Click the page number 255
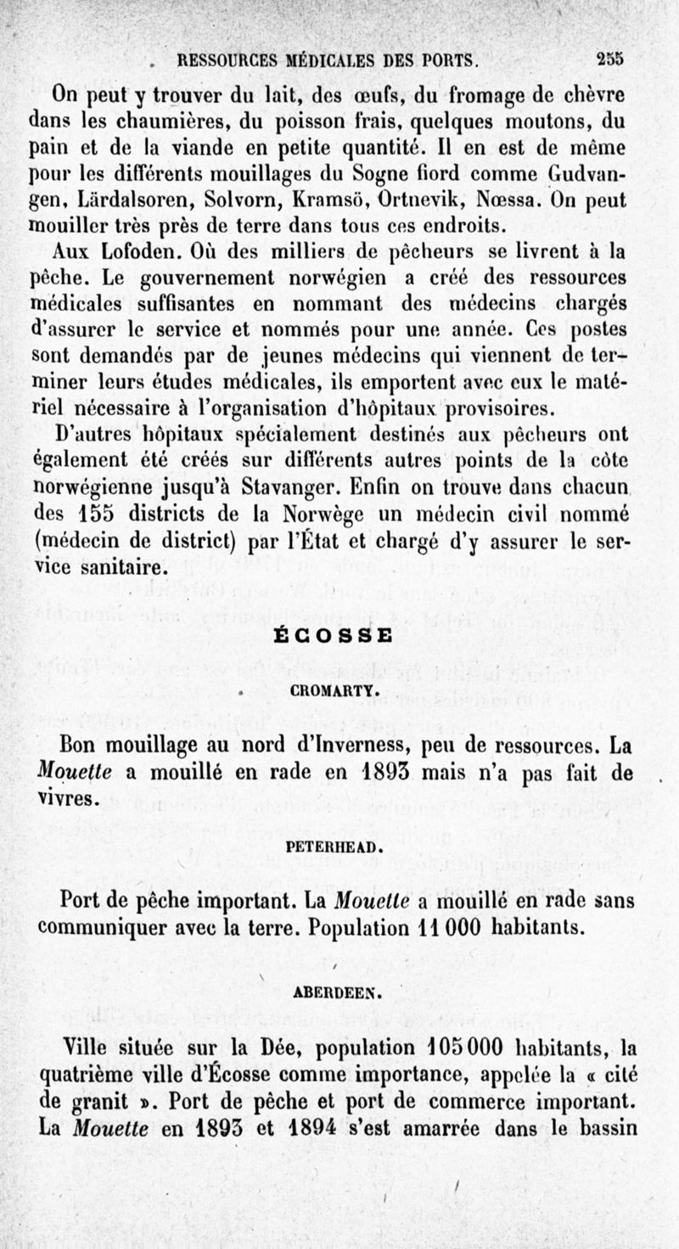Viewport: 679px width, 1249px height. click(609, 59)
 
